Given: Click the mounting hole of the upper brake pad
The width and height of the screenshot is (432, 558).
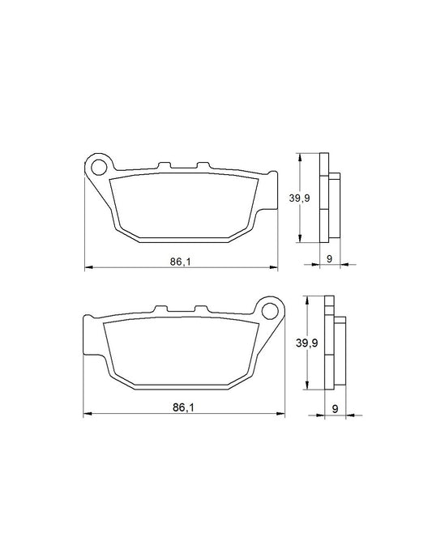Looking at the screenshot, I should click(100, 168).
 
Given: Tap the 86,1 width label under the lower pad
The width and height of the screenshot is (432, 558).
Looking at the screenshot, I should click(184, 407).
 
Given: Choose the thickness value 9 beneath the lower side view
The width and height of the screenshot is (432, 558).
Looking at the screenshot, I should click(334, 407).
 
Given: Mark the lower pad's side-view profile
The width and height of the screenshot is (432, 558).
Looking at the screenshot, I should click(335, 343).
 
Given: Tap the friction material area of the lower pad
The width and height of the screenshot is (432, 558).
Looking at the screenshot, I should click(185, 348).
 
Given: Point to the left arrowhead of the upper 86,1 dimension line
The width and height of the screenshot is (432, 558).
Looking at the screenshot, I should click(88, 266).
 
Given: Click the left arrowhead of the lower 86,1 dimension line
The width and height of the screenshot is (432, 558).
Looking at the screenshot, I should click(88, 415).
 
